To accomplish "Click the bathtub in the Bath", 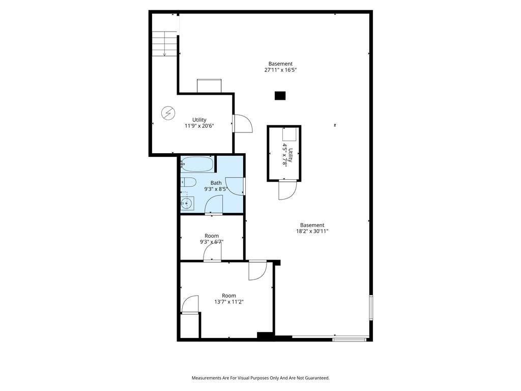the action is pos(197,164).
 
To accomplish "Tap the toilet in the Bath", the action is pos(188,182).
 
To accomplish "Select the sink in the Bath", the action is pos(187,203).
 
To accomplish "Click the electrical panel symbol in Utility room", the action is pos(168,113).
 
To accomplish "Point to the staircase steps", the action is pos(164,44).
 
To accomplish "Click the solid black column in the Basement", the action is pos(280,96).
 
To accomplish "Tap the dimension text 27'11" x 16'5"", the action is pos(280,70).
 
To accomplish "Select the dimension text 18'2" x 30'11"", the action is pos(312,232).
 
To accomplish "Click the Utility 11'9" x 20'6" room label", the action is pos(199,123).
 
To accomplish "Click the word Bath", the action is pos(216,183).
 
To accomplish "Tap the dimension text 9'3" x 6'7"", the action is pos(212,242).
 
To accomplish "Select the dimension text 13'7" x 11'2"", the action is pos(229,302).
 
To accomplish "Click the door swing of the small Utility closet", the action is pos(287,190).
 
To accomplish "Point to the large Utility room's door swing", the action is pos(243,123).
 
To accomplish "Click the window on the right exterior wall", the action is pos(371,308).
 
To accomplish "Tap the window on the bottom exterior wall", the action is pos(349,340).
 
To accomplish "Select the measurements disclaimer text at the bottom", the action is pos(260,378).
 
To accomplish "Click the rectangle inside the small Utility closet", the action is pos(289,134).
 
